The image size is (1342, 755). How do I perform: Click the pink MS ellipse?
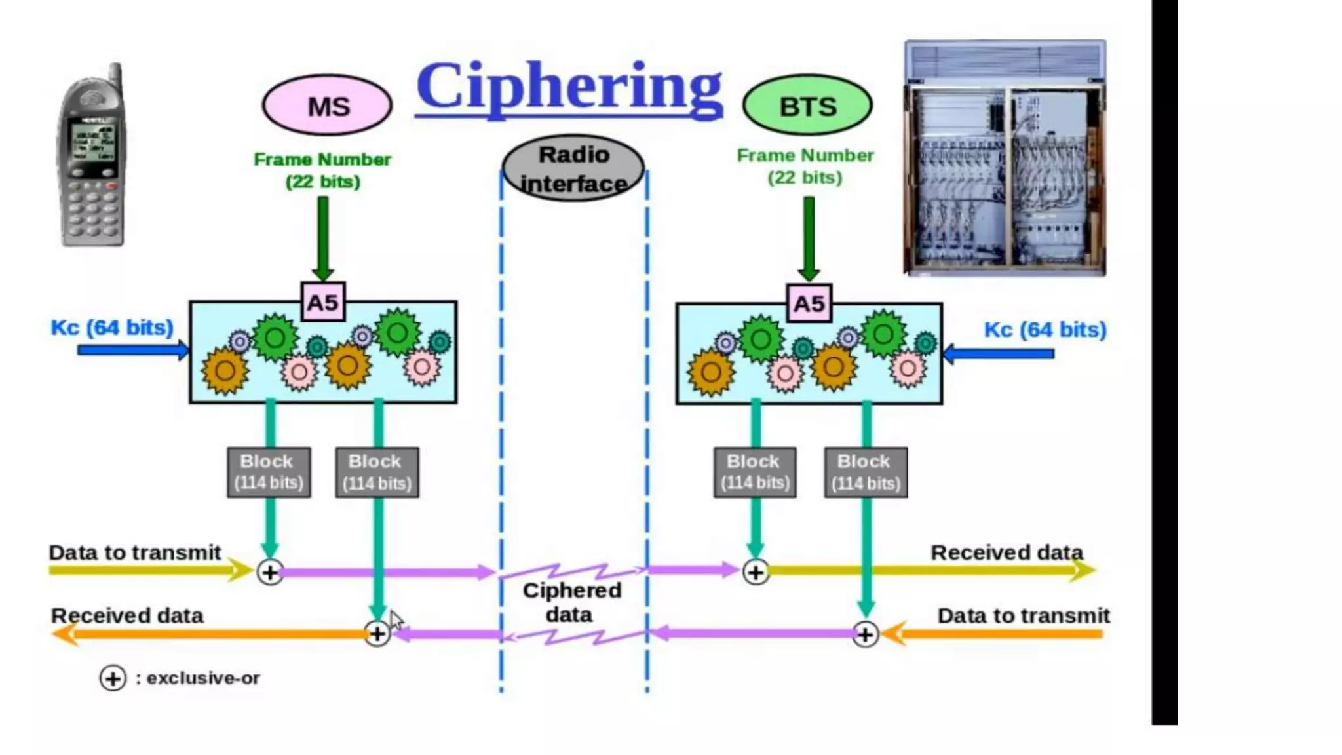coord(327,105)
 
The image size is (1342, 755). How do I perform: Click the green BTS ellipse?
coord(807,106)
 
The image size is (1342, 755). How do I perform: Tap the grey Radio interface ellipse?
coord(573,168)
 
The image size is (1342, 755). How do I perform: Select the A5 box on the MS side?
coord(323,302)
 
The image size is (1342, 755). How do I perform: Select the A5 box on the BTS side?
coord(809,303)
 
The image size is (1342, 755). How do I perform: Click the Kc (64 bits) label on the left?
coord(112,327)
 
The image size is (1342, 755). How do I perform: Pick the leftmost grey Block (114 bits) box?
coord(269,473)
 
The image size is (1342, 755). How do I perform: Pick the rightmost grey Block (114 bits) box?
coord(866,473)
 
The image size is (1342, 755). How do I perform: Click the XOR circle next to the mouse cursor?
coord(377,634)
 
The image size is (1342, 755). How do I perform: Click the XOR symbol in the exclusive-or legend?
coord(113,678)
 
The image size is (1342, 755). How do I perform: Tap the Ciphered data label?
coord(571,602)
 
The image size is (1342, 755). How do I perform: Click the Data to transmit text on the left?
coord(134,552)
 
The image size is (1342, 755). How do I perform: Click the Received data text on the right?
coord(1006,552)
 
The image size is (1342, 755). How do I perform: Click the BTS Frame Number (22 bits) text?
coord(805,166)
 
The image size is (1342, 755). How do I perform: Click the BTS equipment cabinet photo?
coord(1005,157)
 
